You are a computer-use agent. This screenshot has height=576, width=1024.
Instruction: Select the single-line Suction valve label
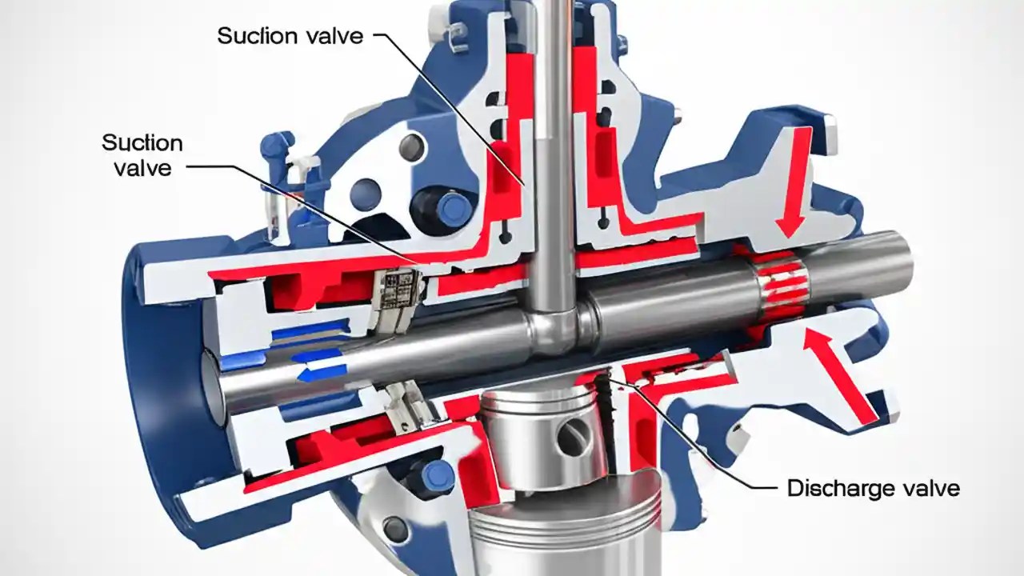[290, 35]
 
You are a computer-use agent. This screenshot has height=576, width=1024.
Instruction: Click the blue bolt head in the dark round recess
[454, 208]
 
